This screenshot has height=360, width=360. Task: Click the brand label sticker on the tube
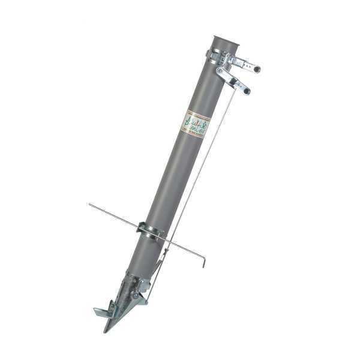196,124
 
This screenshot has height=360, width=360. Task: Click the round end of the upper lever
257,70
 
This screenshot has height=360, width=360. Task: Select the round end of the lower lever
246,91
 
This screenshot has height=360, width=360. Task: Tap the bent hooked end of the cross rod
204,261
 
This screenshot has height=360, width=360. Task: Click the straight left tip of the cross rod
89,205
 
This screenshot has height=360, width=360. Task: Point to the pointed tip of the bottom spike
106,331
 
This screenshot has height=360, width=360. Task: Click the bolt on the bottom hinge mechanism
137,295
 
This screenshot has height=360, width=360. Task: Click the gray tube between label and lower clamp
174,180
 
